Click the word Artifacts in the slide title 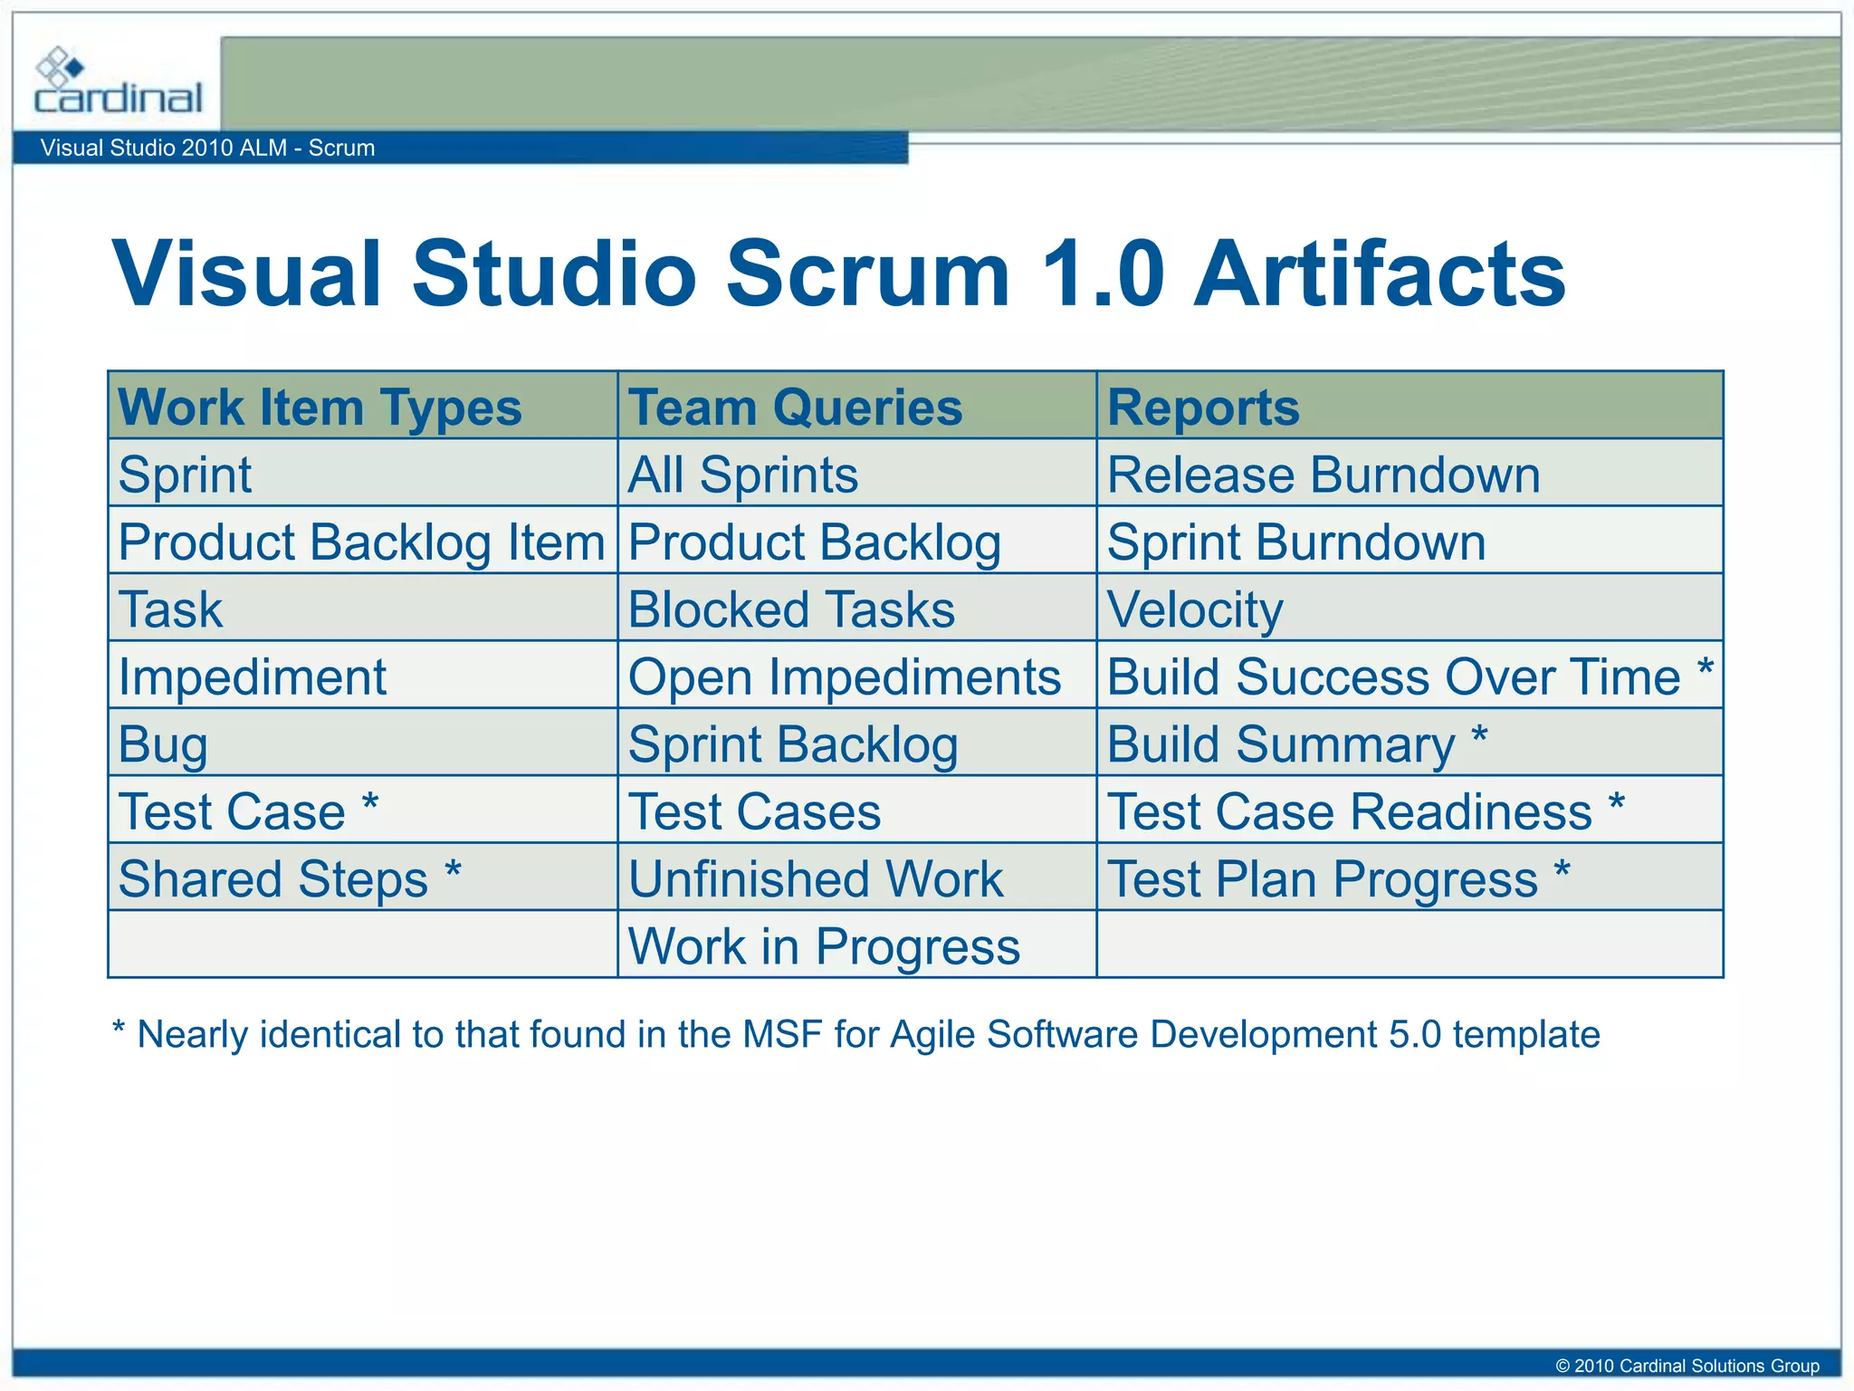tap(1380, 273)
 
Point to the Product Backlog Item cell tap(361, 542)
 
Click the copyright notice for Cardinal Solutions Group tap(1687, 1366)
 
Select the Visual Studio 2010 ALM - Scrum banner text tap(207, 148)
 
